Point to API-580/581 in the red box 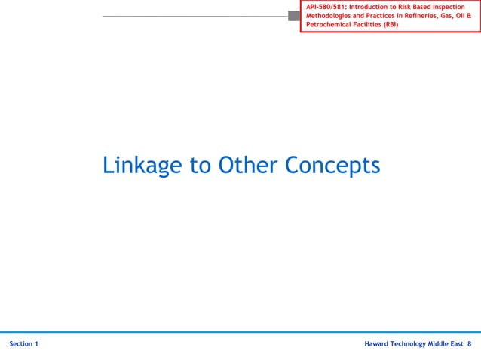click(326, 7)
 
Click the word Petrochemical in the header click(330, 25)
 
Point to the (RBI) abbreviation click(390, 25)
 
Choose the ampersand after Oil click(468, 16)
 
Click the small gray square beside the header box click(293, 16)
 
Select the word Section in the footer click(21, 344)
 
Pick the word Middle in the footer click(446, 344)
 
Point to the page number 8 click(470, 344)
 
